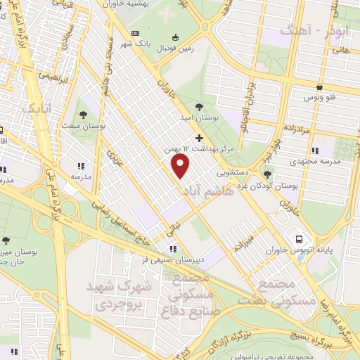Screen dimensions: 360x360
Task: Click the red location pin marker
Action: (x=181, y=165)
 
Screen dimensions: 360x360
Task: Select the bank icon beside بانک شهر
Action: (x=136, y=34)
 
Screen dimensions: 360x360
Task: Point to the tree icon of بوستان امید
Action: (x=199, y=107)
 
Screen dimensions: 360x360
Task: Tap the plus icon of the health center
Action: (x=199, y=138)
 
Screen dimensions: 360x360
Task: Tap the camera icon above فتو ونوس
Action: (x=321, y=88)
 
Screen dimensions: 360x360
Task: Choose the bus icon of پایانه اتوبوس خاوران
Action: (x=300, y=239)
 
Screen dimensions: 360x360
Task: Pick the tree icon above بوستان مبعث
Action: (x=84, y=113)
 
